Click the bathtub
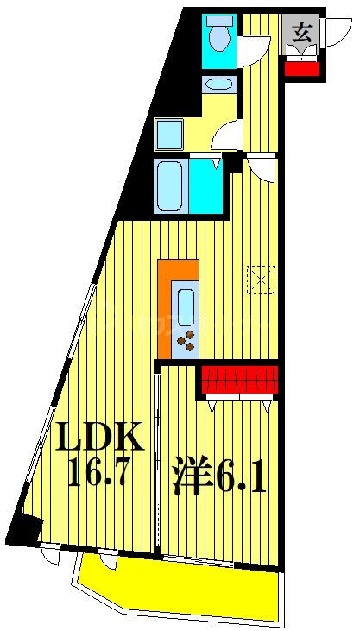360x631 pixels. (x=169, y=185)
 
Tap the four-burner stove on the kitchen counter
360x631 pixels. (x=185, y=340)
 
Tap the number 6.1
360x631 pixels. (x=238, y=476)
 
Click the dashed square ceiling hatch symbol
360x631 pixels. (x=261, y=279)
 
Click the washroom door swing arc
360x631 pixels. (x=227, y=136)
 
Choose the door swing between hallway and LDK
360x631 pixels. (x=263, y=168)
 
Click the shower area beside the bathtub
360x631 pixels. (x=206, y=185)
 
